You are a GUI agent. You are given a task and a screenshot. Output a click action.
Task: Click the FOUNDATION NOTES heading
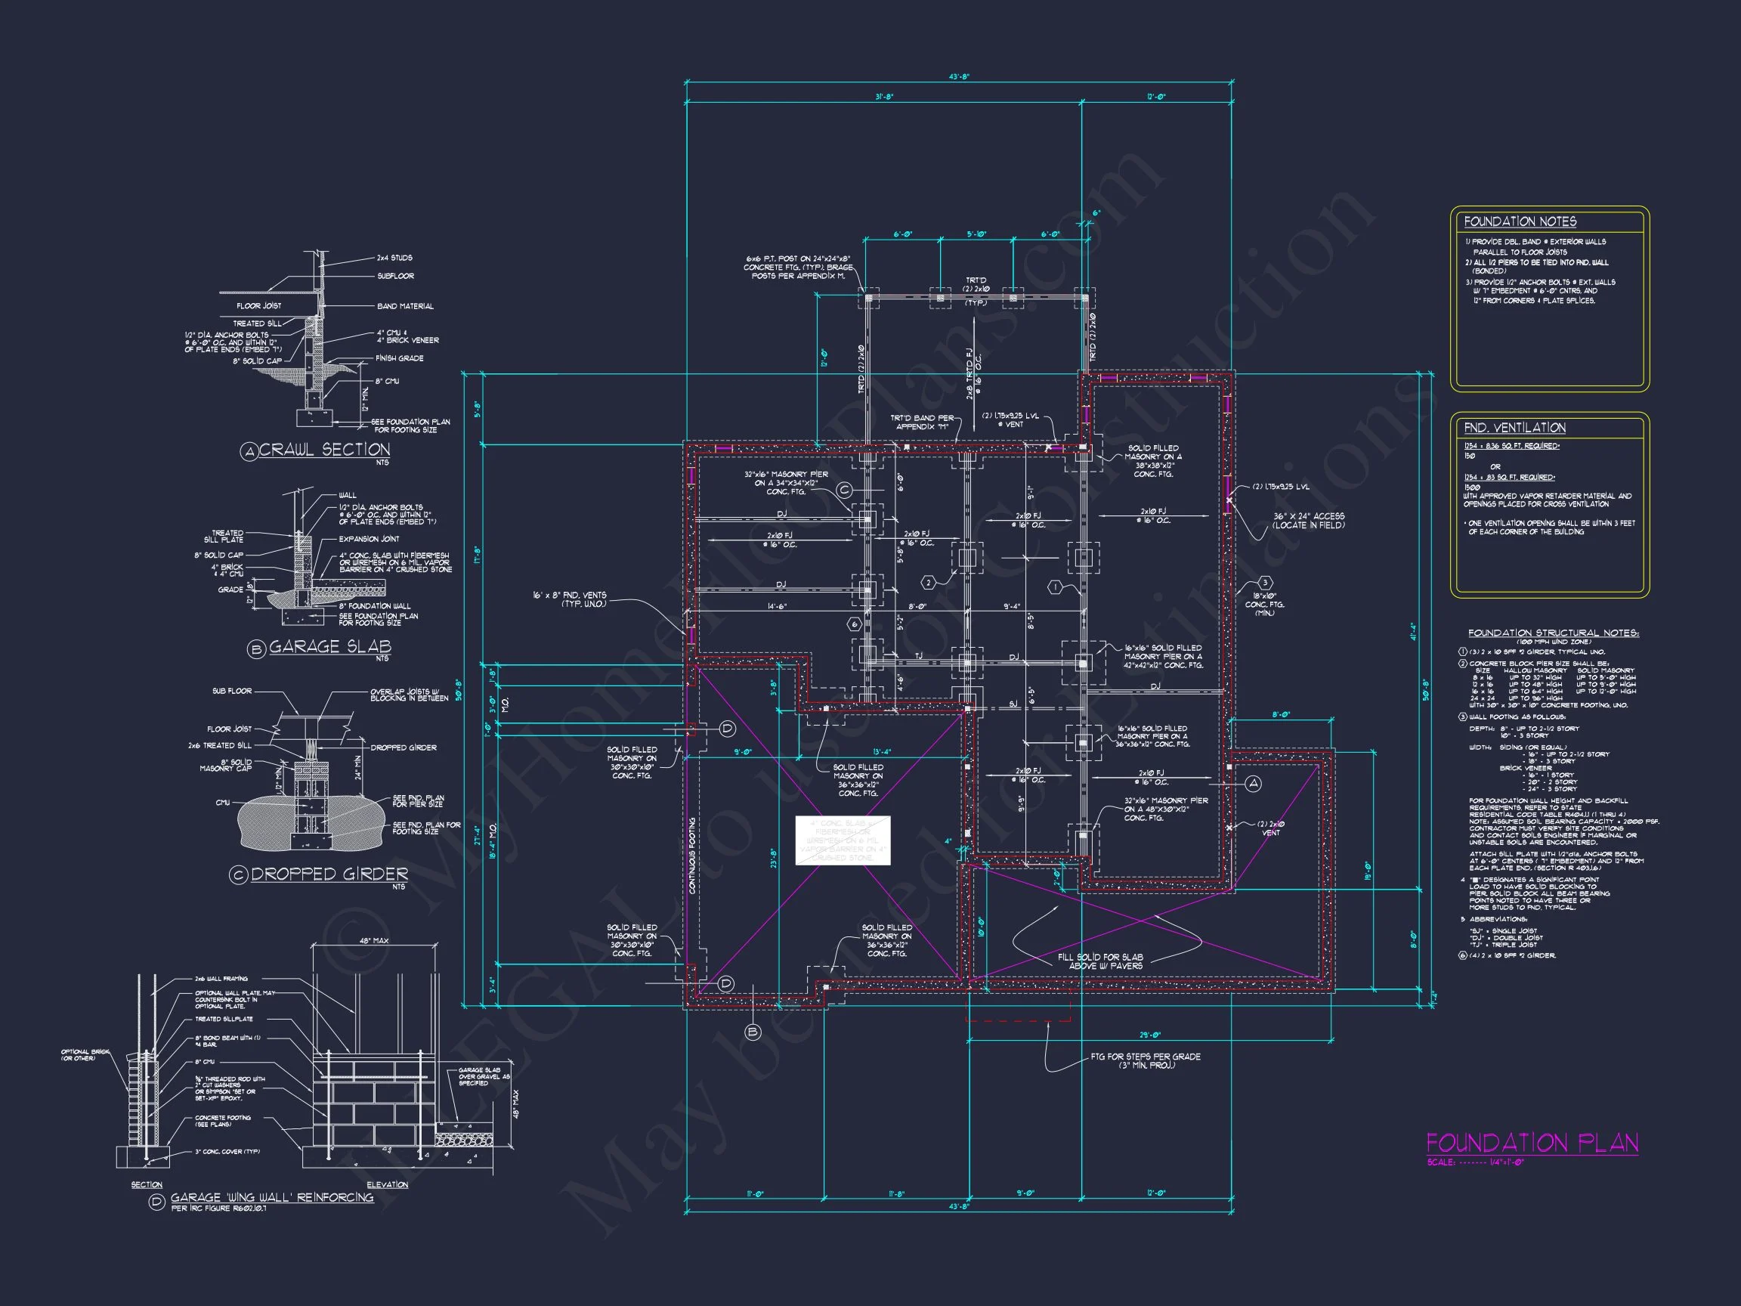[1520, 222]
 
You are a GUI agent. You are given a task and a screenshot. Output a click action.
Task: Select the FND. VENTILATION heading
[1514, 428]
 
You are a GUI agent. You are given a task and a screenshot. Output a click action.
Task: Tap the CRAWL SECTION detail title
[324, 450]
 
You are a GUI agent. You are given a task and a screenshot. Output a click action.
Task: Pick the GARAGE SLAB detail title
[329, 646]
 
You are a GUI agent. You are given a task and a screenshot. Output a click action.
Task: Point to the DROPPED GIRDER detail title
[329, 874]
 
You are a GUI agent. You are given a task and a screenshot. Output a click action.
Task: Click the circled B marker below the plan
[753, 1031]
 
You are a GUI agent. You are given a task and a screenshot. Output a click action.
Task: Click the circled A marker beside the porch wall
[1254, 783]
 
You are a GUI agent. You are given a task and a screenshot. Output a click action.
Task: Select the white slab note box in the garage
[843, 840]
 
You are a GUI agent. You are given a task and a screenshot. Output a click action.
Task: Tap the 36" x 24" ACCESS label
[1308, 520]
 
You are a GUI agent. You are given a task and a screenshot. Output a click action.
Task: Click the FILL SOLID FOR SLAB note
[1099, 961]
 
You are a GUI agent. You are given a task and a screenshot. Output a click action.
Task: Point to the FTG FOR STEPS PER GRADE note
[1146, 1060]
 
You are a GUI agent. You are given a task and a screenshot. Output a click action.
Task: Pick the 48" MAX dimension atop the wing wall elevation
[375, 940]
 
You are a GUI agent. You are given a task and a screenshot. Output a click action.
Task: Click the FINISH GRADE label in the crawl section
[399, 358]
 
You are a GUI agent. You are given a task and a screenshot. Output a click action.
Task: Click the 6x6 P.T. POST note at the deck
[798, 267]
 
